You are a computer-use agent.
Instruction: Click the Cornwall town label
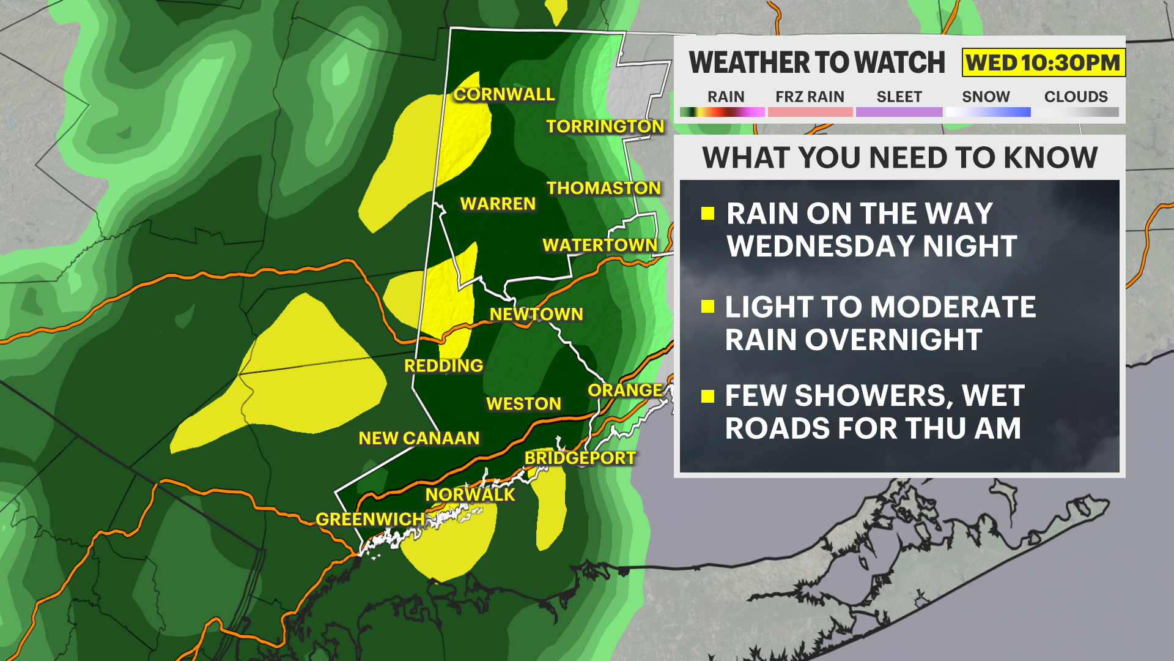pyautogui.click(x=504, y=94)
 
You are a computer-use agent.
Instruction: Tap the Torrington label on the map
pyautogui.click(x=605, y=126)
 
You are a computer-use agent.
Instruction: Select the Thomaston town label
pyautogui.click(x=604, y=188)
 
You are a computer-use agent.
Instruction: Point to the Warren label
pyautogui.click(x=498, y=204)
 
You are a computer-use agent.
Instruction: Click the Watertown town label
pyautogui.click(x=599, y=245)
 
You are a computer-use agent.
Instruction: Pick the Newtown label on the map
pyautogui.click(x=536, y=314)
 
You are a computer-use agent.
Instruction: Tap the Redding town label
pyautogui.click(x=443, y=366)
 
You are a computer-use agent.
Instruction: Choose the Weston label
pyautogui.click(x=523, y=404)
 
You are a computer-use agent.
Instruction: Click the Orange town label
pyautogui.click(x=625, y=390)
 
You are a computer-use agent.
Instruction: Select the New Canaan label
pyautogui.click(x=419, y=438)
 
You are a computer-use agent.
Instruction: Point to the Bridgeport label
pyautogui.click(x=580, y=458)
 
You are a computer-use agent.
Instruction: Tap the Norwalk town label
pyautogui.click(x=470, y=495)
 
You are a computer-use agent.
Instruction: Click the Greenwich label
pyautogui.click(x=370, y=519)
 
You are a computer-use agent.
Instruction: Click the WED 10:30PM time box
pyautogui.click(x=1043, y=62)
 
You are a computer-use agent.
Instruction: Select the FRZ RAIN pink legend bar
pyautogui.click(x=810, y=112)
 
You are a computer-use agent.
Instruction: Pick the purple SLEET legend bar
pyautogui.click(x=899, y=112)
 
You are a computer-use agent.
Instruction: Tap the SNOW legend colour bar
pyautogui.click(x=988, y=112)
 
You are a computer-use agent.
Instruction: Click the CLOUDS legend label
pyautogui.click(x=1076, y=97)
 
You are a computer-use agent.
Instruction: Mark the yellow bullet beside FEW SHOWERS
pyautogui.click(x=708, y=397)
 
